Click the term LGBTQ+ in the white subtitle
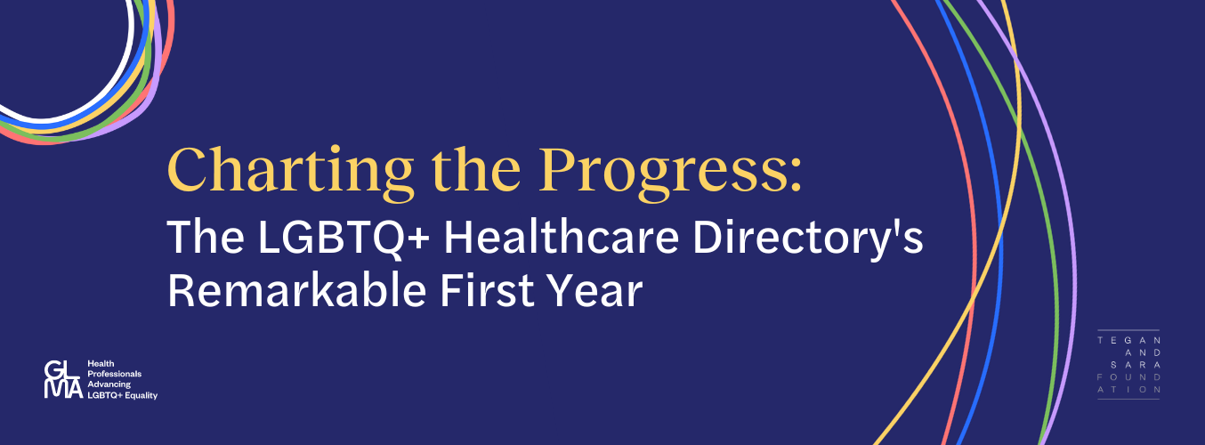click(344, 238)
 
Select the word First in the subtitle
click(488, 290)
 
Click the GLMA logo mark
click(63, 379)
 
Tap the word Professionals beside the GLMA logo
click(115, 374)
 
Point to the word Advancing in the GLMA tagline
click(109, 384)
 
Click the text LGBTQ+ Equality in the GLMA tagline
click(123, 395)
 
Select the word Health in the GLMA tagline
click(101, 364)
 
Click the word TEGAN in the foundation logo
click(1128, 340)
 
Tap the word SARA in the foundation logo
click(1135, 365)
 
